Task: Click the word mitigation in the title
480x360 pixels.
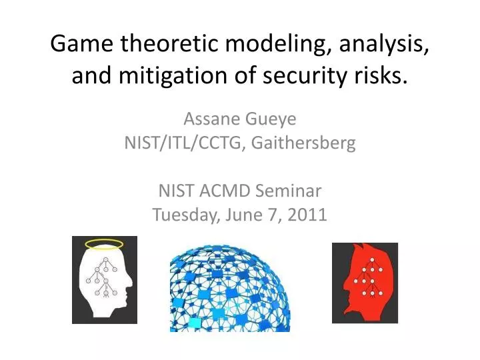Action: tap(170, 77)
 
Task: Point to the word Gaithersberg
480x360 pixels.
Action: tap(303, 143)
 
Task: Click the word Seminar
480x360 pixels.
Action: tap(291, 191)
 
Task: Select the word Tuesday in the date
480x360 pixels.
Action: tap(181, 215)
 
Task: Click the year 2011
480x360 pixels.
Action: tap(310, 215)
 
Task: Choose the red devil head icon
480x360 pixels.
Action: tap(365, 283)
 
